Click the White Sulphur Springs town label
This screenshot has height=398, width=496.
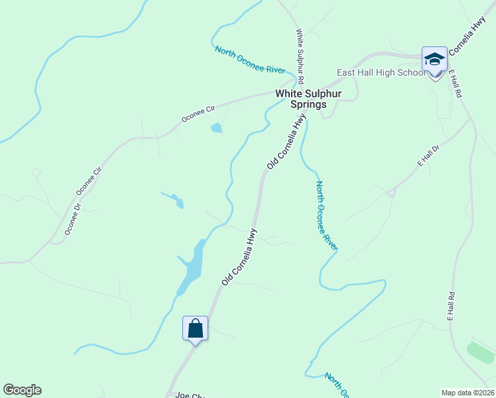[308, 99]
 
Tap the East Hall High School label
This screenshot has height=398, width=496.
[380, 72]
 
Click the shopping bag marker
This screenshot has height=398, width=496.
[196, 328]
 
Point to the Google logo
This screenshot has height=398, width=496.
[22, 390]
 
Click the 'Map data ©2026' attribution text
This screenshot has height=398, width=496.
[467, 393]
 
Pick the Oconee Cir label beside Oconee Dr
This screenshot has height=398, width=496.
[90, 181]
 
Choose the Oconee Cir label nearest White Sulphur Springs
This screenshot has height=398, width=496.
[199, 113]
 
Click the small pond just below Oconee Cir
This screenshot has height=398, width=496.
[217, 128]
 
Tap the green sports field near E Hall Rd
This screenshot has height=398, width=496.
[481, 353]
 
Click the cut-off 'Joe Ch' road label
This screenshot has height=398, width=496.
[189, 395]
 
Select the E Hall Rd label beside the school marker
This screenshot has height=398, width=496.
[455, 84]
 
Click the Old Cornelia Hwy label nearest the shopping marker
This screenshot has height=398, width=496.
[239, 257]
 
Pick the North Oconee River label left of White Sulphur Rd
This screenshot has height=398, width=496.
[250, 59]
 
